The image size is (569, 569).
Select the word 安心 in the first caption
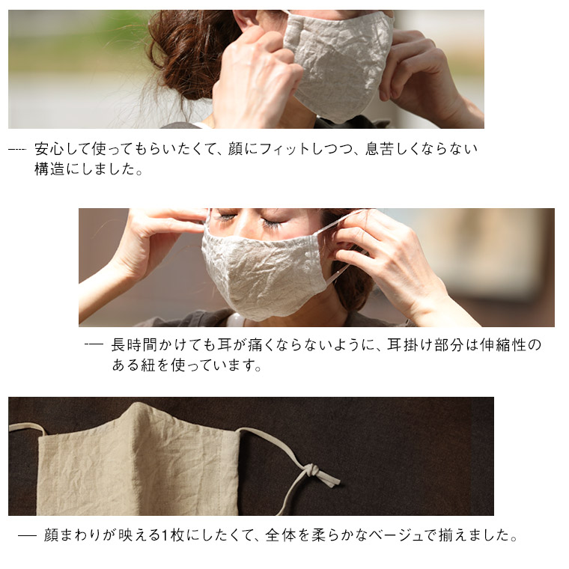48,149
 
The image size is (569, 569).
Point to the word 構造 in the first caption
49,169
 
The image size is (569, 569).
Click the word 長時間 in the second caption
133,344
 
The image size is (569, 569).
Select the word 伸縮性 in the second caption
502,344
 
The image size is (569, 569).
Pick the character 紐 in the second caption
148,365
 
